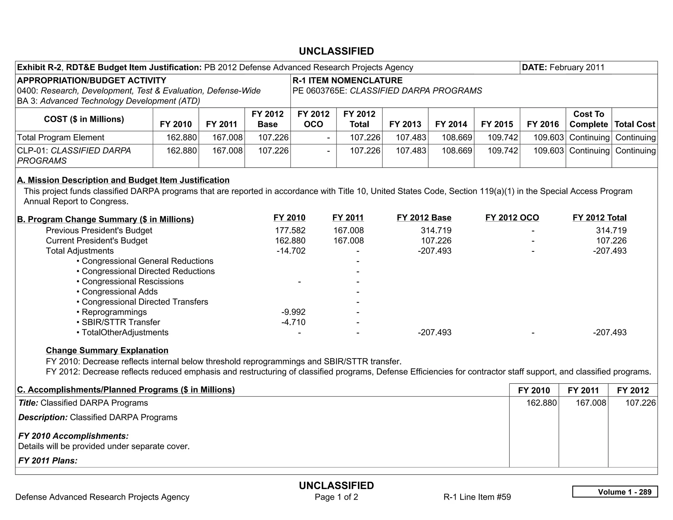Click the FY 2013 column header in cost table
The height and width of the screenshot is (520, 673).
(405, 124)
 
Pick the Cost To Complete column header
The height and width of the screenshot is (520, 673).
(588, 119)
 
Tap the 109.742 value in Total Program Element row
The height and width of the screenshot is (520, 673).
(502, 137)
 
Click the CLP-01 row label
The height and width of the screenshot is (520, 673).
(74, 155)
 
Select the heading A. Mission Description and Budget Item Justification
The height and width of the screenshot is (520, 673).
(123, 180)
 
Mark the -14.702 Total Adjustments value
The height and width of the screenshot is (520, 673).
(291, 251)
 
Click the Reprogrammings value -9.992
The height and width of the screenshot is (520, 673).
(293, 312)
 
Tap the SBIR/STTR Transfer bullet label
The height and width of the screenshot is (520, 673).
(121, 322)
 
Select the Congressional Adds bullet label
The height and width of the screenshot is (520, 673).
(119, 292)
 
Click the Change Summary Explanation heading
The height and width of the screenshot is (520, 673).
(107, 350)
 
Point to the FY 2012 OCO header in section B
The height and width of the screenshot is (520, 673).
(512, 218)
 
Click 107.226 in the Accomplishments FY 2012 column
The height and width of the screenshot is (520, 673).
(640, 403)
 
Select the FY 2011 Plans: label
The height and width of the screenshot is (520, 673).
(48, 461)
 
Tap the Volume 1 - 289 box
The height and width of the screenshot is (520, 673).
(615, 492)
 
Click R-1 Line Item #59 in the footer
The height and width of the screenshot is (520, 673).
(477, 497)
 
